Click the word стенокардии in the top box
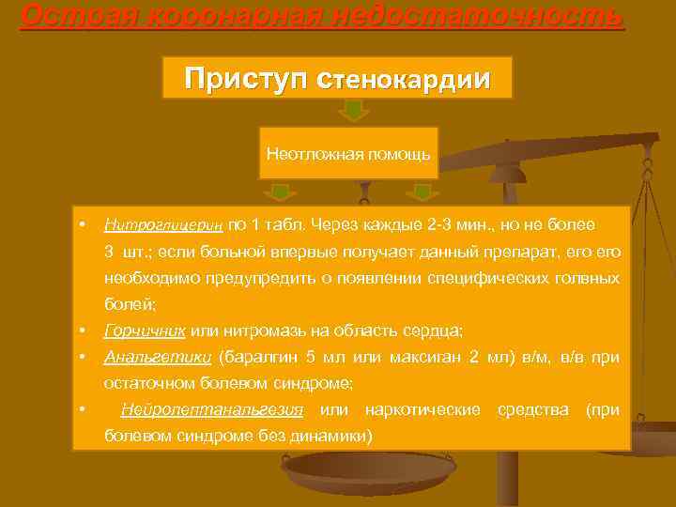click(409, 78)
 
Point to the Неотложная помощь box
click(348, 152)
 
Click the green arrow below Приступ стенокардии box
click(352, 112)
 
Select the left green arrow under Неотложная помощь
click(280, 192)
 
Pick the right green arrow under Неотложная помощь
click(422, 192)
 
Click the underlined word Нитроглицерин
click(163, 226)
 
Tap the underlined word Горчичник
click(145, 330)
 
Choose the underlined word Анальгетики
click(157, 357)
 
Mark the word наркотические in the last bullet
click(423, 409)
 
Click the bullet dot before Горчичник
click(84, 330)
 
